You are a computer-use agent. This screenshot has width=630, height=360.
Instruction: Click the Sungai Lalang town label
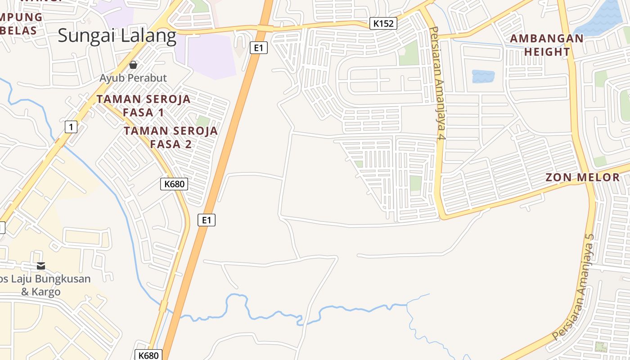tap(117, 36)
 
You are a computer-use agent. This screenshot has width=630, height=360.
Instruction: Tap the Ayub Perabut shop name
tap(133, 78)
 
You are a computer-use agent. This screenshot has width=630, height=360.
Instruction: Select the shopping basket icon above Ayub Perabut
tap(133, 65)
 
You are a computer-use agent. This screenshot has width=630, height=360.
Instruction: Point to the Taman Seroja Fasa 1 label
tap(144, 106)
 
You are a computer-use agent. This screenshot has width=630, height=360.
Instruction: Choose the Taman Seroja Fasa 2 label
tap(171, 137)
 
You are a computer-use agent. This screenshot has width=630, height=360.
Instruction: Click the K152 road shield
tap(383, 23)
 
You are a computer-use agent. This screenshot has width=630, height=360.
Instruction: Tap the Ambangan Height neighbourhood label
tap(547, 45)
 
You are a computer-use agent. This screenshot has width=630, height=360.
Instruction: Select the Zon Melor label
tap(583, 177)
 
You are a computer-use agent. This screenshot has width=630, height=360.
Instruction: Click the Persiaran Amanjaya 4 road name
tap(437, 83)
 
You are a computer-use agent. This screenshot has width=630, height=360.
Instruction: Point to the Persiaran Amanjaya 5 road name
tap(574, 288)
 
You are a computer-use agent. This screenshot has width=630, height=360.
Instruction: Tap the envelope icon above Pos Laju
tap(41, 266)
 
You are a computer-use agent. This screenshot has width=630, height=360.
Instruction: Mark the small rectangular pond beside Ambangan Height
tap(483, 76)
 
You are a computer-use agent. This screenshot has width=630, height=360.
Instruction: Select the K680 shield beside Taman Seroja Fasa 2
tap(174, 184)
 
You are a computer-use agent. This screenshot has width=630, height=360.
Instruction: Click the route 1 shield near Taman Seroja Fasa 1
tap(71, 127)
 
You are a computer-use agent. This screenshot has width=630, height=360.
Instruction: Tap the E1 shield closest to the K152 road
tap(258, 47)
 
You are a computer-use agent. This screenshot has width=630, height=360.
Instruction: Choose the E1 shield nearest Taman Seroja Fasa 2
tap(207, 220)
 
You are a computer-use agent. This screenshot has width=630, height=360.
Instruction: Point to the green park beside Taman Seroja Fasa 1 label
tap(202, 121)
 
